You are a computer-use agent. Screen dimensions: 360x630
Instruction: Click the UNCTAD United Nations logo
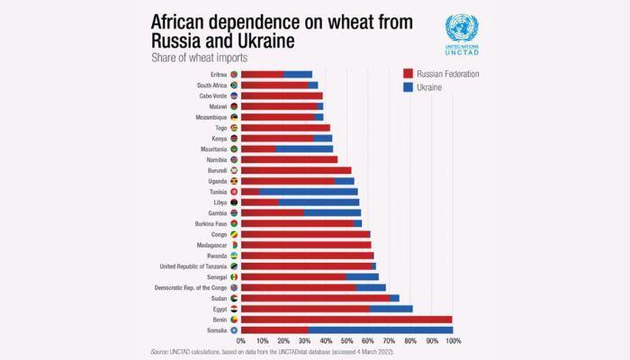[x=462, y=35]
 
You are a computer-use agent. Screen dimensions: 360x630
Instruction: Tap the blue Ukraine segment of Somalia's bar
[x=379, y=330]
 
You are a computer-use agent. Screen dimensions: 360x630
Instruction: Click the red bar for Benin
[x=346, y=319]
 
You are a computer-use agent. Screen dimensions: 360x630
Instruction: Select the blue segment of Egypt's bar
[x=391, y=309]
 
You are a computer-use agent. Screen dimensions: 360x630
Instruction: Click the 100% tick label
[x=453, y=341]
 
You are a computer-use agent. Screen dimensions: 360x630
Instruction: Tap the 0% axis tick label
[x=241, y=341]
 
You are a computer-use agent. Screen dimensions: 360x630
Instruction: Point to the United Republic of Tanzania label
[x=192, y=266]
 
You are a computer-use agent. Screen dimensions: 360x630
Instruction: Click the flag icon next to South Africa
[x=234, y=85]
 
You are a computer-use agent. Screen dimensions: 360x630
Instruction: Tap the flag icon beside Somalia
[x=234, y=330]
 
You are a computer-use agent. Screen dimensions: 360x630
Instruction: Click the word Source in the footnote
[x=160, y=351]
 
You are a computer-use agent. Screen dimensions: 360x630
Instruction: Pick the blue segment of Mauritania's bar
[x=304, y=148]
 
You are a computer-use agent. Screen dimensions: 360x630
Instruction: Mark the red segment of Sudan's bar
[x=315, y=298]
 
